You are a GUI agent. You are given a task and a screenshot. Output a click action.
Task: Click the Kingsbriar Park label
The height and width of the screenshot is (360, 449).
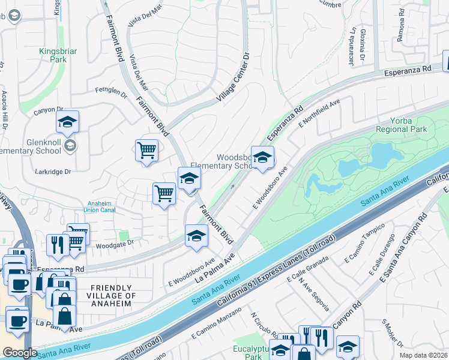58,56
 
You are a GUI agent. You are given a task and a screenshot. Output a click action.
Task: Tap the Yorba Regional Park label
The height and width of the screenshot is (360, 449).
400,125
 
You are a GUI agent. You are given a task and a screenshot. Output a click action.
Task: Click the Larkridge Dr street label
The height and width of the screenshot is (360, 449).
54,172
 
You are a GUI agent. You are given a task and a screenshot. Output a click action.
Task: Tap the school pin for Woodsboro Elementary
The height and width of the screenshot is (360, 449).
262,158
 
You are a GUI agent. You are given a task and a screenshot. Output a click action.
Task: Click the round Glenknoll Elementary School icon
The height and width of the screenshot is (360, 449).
70,145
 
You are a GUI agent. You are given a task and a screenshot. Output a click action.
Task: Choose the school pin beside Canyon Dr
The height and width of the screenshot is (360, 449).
68,122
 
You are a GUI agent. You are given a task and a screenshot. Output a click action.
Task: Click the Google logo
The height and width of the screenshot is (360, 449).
20,353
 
